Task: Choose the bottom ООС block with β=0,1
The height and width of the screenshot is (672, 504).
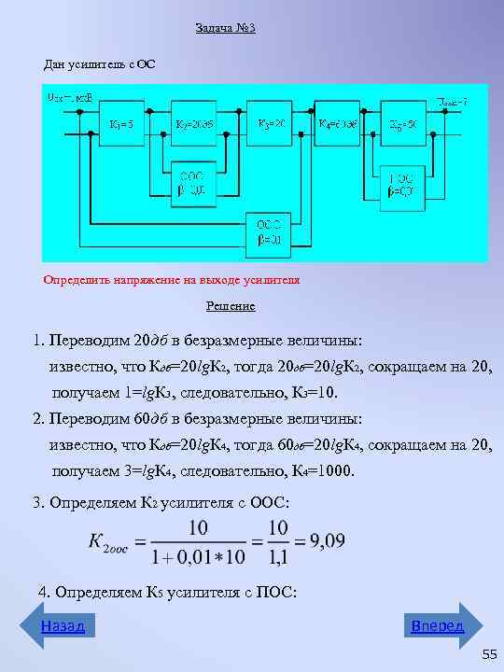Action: tap(268, 231)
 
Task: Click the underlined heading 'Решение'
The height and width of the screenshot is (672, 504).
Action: tap(231, 306)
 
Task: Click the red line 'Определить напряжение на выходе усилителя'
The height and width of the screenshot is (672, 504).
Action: tap(172, 279)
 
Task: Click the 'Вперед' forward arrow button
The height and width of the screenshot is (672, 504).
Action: tap(443, 625)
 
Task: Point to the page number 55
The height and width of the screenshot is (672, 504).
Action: tap(489, 656)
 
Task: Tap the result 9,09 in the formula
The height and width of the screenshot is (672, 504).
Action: tap(329, 541)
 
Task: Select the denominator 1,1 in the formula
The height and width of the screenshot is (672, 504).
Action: tap(277, 558)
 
